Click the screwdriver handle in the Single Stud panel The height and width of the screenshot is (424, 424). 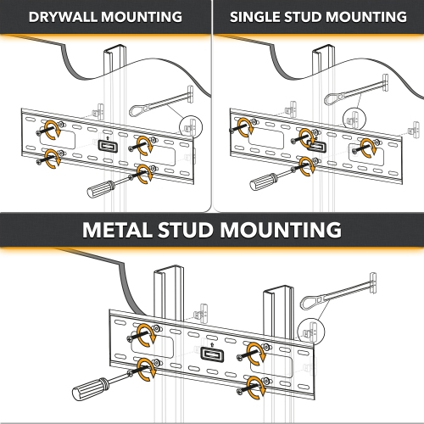coord(264,179)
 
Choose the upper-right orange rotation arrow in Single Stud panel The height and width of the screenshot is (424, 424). coord(368,144)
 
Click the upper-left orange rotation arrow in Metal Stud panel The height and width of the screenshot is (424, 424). coord(148,334)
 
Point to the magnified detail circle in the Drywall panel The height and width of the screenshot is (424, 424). coord(192,125)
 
